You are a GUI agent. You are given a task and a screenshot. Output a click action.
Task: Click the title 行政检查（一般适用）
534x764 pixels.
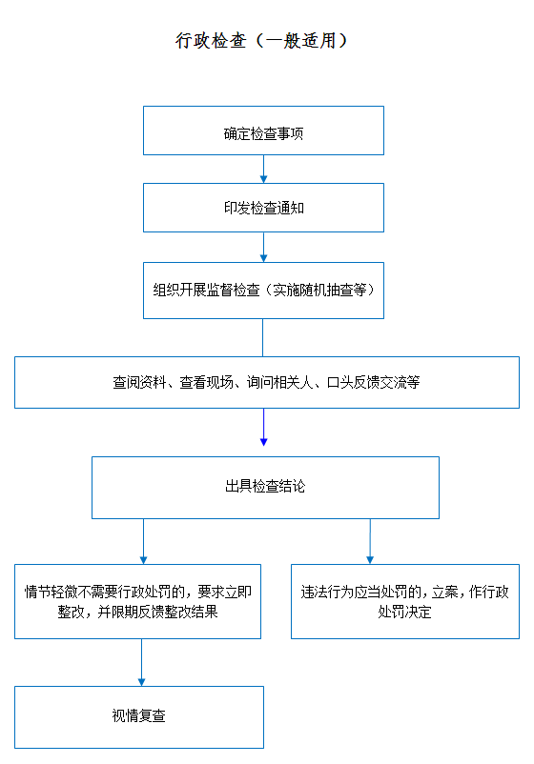(x=261, y=40)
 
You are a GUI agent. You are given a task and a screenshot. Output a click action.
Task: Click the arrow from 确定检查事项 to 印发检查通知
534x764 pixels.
(x=263, y=169)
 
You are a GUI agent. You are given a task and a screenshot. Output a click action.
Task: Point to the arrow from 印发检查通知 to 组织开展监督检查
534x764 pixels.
(x=263, y=247)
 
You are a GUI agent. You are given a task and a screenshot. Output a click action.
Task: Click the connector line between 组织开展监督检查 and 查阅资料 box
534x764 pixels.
(x=263, y=337)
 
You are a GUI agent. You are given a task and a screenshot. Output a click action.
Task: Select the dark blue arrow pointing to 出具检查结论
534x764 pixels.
(x=263, y=427)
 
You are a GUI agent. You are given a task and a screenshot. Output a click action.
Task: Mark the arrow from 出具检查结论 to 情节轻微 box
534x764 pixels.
(x=143, y=541)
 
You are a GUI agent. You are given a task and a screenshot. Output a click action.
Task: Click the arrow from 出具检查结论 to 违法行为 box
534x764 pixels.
(x=370, y=541)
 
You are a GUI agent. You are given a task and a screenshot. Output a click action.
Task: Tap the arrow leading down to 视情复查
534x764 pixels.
(x=141, y=663)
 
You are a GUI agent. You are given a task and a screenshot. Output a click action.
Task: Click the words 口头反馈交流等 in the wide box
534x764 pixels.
(x=373, y=383)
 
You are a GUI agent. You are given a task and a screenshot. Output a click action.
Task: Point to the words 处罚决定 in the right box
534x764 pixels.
(x=404, y=612)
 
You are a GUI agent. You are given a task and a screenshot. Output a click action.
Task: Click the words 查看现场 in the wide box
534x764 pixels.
(x=206, y=383)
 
